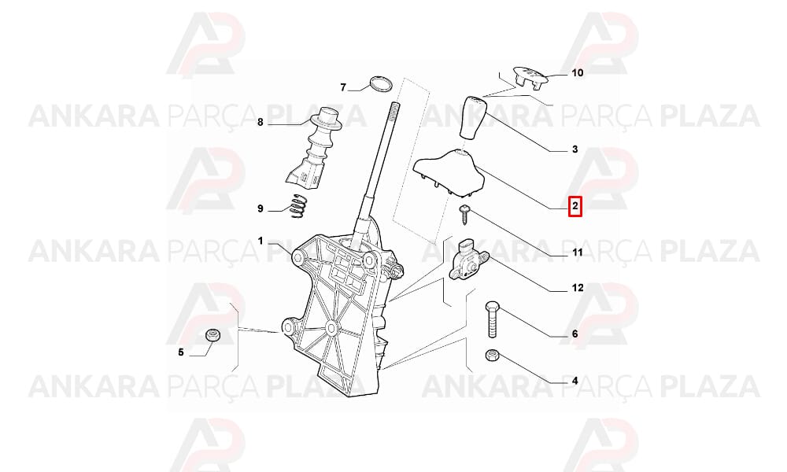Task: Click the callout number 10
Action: point(577,72)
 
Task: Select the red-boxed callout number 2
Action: point(575,205)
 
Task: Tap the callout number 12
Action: point(577,288)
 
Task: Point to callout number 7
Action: point(343,88)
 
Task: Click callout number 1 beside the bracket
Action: point(260,242)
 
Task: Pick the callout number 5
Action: point(181,352)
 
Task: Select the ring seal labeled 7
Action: point(381,85)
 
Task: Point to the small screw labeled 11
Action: point(464,214)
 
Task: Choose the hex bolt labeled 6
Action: point(491,319)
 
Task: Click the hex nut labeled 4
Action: point(491,356)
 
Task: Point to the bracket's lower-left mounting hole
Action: point(289,329)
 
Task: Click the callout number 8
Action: point(260,122)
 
